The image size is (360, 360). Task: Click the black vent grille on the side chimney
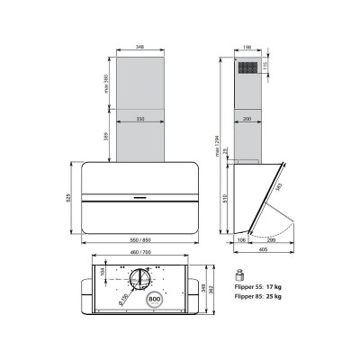[248, 67]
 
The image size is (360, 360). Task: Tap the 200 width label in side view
[247, 118]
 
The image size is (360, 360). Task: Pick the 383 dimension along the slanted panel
[278, 188]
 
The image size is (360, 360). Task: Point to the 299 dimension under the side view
[271, 241]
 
